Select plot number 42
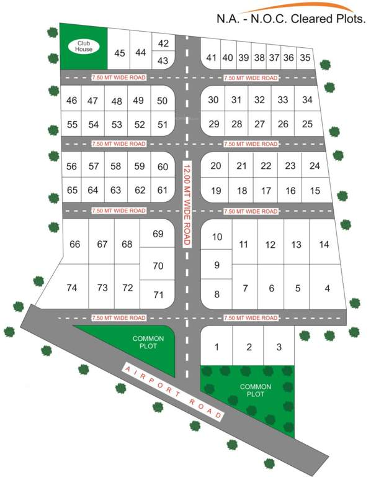coord(164,43)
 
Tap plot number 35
coord(305,58)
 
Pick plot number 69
coord(158,234)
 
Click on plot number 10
coord(217,237)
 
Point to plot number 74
coord(71,288)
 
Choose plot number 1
coord(217,347)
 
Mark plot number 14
coord(324,244)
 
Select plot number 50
coord(163,101)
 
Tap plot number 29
coord(214,124)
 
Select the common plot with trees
coord(251,394)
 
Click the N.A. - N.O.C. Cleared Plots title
coord(290,19)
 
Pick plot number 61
coord(163,190)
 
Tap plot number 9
coord(217,265)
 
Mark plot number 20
coord(216,166)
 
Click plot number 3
coord(279,347)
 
